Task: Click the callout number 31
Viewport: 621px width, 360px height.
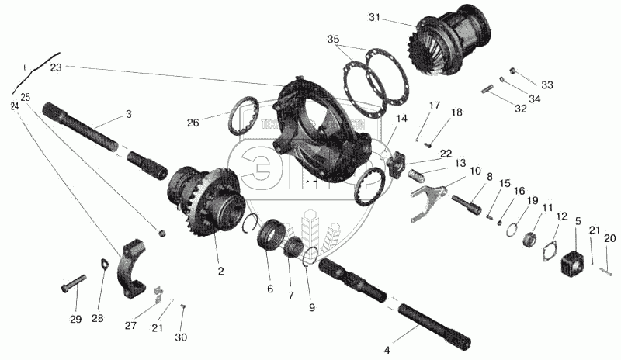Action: click(397, 17)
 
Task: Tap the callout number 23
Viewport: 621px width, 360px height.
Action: click(56, 67)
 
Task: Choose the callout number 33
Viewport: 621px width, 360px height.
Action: click(548, 85)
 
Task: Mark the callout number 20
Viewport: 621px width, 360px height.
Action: click(610, 238)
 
